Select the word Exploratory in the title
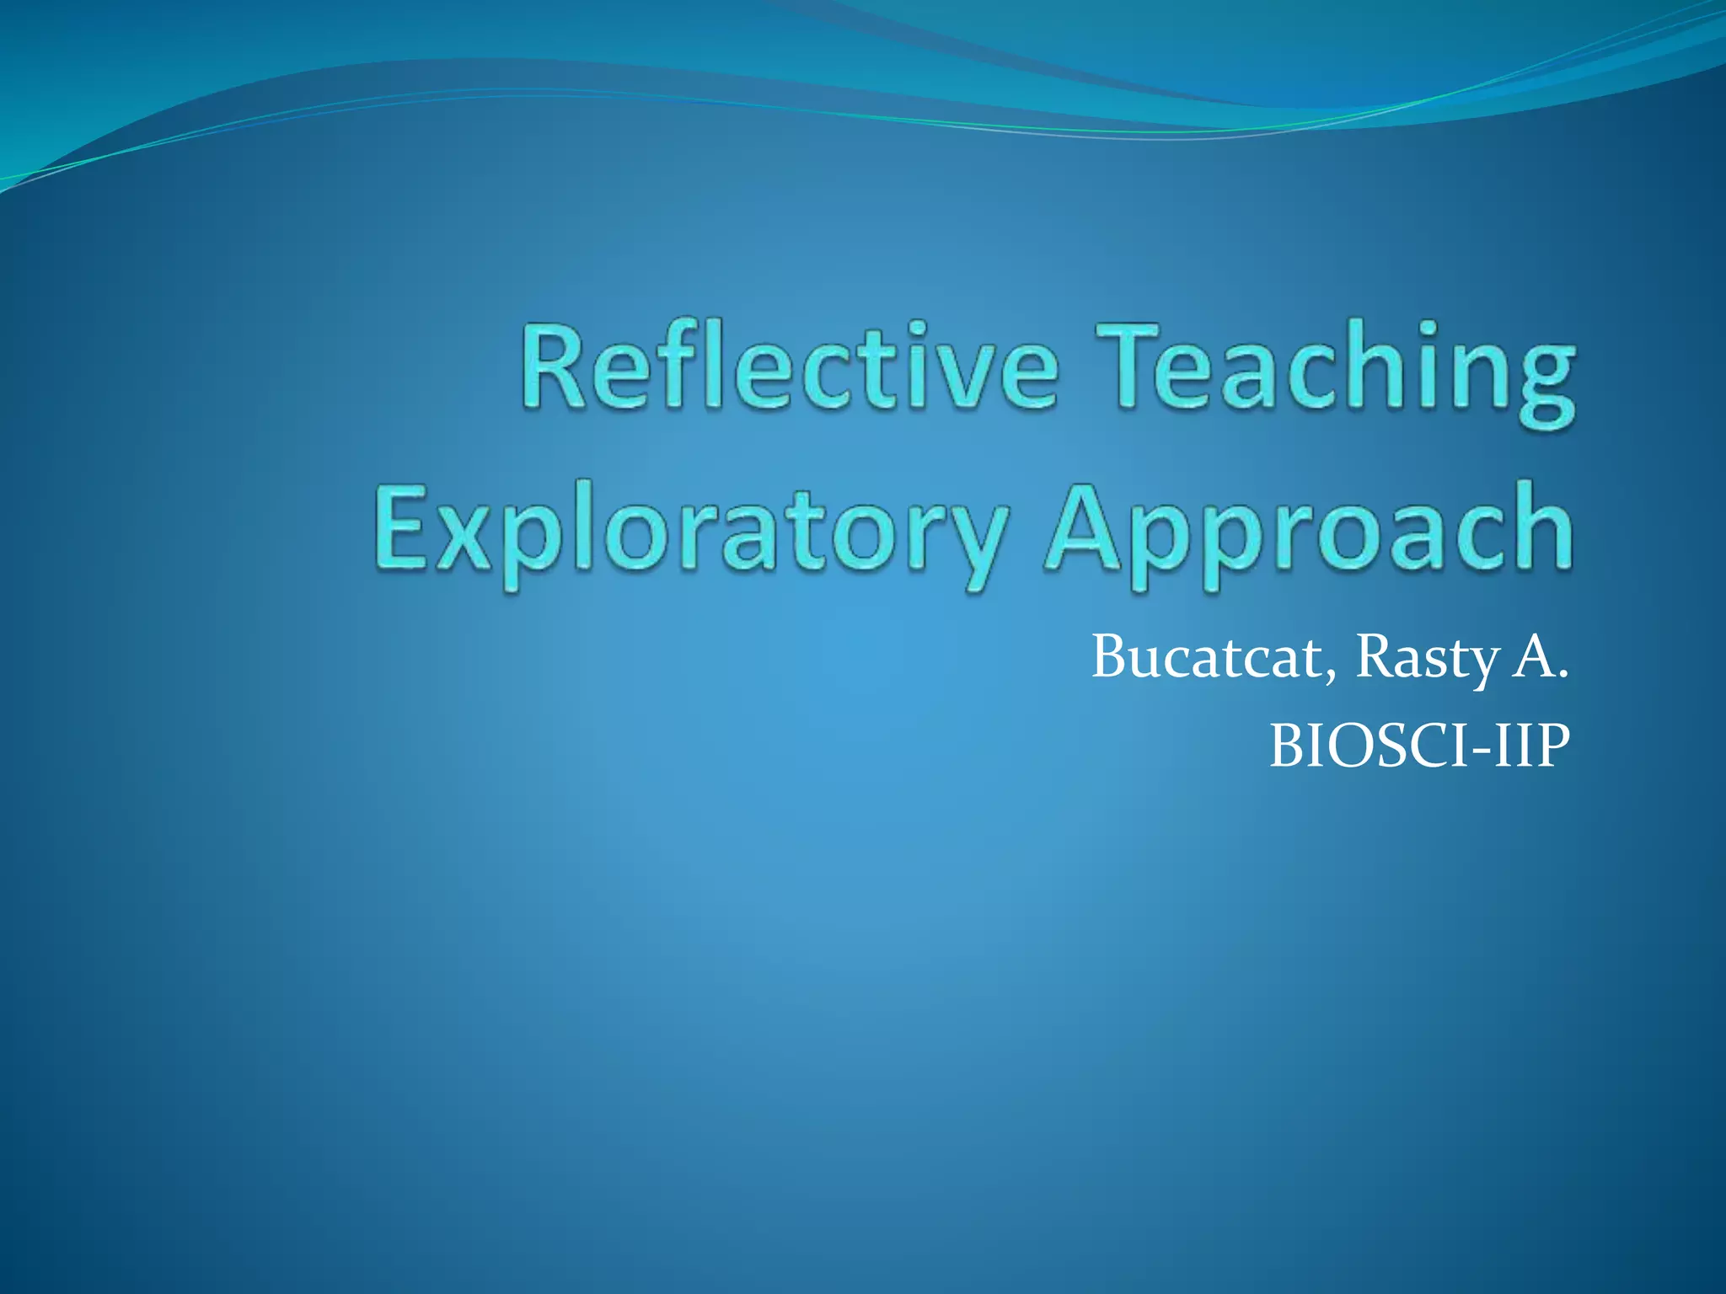point(691,531)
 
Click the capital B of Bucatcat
point(1112,657)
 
